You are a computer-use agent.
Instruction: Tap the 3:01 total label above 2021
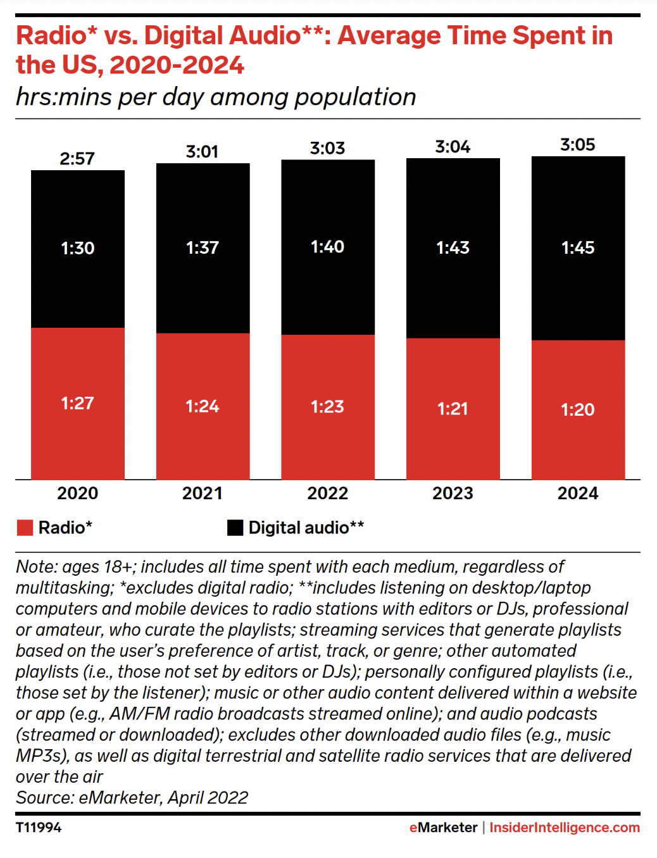(202, 152)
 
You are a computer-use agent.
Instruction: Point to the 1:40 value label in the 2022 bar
(327, 247)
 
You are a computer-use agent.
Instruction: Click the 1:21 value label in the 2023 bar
(453, 409)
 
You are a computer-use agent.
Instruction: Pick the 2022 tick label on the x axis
(327, 494)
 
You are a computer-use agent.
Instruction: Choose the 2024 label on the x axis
(577, 494)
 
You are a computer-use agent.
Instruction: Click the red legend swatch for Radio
(25, 528)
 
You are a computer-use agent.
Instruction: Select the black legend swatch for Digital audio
(235, 528)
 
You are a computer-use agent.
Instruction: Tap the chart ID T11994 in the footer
(39, 828)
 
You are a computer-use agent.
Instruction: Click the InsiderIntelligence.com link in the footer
(565, 828)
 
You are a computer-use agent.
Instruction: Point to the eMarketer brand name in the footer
(443, 828)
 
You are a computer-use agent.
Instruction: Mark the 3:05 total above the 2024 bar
(577, 145)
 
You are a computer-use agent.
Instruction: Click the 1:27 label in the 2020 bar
(77, 403)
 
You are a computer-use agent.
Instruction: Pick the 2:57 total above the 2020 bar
(77, 159)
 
